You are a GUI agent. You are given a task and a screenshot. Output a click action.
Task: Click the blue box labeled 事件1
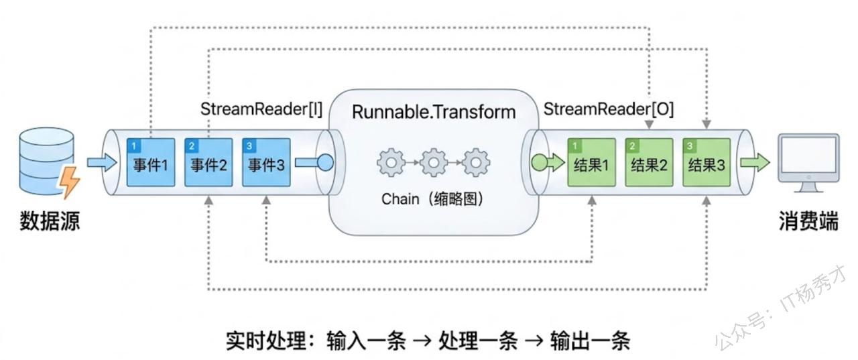point(151,162)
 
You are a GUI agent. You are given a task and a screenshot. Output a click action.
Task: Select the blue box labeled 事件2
point(208,162)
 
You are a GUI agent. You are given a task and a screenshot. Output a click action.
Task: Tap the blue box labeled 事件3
point(266,162)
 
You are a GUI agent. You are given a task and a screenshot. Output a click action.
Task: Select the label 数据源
point(49,221)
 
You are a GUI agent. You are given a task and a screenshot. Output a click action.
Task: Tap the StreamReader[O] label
point(609,109)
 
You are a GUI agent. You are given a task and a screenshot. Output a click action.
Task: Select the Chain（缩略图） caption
point(433,198)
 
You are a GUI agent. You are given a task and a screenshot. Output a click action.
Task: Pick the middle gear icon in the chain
point(433,162)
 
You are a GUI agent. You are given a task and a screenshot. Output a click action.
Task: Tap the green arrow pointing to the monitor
point(755,162)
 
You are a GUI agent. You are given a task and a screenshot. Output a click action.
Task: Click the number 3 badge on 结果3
point(688,144)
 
